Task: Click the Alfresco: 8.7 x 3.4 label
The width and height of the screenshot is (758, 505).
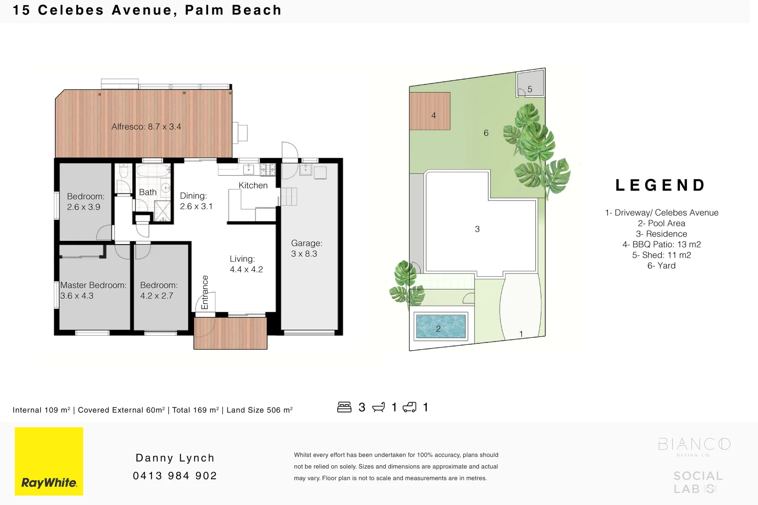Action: (x=146, y=127)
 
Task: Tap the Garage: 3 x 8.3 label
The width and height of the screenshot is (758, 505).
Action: (x=306, y=248)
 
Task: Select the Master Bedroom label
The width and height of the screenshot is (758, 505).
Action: (x=93, y=285)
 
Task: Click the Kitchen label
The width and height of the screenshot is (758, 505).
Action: (x=253, y=186)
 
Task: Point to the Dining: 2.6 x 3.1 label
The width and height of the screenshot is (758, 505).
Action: (x=196, y=201)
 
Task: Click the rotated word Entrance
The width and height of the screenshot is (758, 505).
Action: (x=204, y=292)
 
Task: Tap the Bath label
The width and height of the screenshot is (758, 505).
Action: (x=148, y=192)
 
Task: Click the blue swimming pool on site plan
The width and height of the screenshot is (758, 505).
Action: (x=441, y=326)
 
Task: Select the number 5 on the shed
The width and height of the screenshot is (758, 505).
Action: (x=530, y=89)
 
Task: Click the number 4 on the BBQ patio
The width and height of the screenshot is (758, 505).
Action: (x=434, y=115)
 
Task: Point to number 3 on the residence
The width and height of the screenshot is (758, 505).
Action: (x=477, y=229)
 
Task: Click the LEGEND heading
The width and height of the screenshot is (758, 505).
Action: (x=661, y=185)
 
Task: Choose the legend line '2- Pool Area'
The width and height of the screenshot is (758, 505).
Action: (x=661, y=224)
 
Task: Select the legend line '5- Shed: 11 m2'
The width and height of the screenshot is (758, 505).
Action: (x=661, y=255)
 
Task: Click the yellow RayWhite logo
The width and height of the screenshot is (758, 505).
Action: (x=49, y=461)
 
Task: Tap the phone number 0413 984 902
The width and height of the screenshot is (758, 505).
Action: (x=175, y=476)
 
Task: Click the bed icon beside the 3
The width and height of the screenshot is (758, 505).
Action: (x=344, y=407)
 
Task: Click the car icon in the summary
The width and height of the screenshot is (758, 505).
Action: (x=409, y=407)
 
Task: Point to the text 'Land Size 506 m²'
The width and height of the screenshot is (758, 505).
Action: (x=260, y=410)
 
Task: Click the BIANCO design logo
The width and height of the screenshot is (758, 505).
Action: (x=694, y=445)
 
